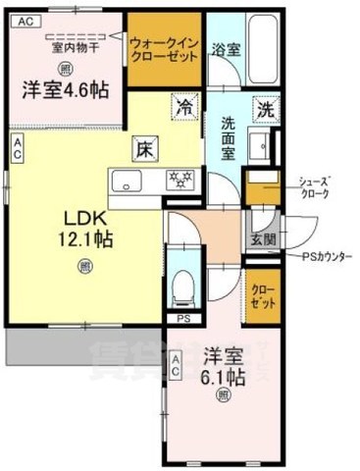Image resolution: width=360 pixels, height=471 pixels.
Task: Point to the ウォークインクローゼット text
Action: [x=164, y=48]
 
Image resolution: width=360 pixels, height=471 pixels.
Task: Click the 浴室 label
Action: [x=226, y=50]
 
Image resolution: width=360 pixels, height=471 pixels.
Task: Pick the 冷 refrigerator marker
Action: [x=184, y=105]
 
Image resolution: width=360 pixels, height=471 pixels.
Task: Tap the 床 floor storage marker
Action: [x=143, y=149]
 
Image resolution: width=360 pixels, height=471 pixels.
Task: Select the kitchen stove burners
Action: [x=180, y=180]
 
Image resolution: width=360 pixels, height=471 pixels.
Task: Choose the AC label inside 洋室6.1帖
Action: [x=176, y=369]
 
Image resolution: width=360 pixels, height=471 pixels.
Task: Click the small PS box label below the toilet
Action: [x=182, y=319]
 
